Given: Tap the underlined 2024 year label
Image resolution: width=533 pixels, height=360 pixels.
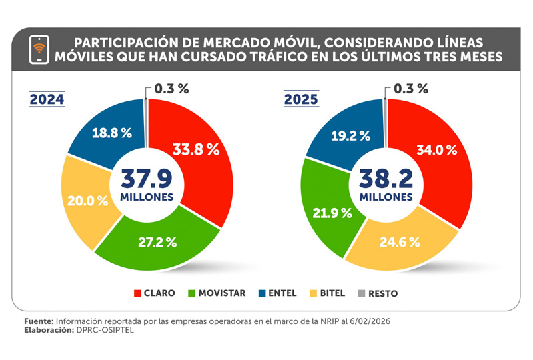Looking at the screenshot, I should point(47,100).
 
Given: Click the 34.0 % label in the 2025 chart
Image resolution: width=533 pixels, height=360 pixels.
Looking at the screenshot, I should point(436,149).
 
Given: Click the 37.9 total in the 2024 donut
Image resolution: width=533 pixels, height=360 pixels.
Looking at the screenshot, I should point(147,179).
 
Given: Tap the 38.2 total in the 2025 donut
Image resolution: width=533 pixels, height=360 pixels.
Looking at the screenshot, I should point(386,179).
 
